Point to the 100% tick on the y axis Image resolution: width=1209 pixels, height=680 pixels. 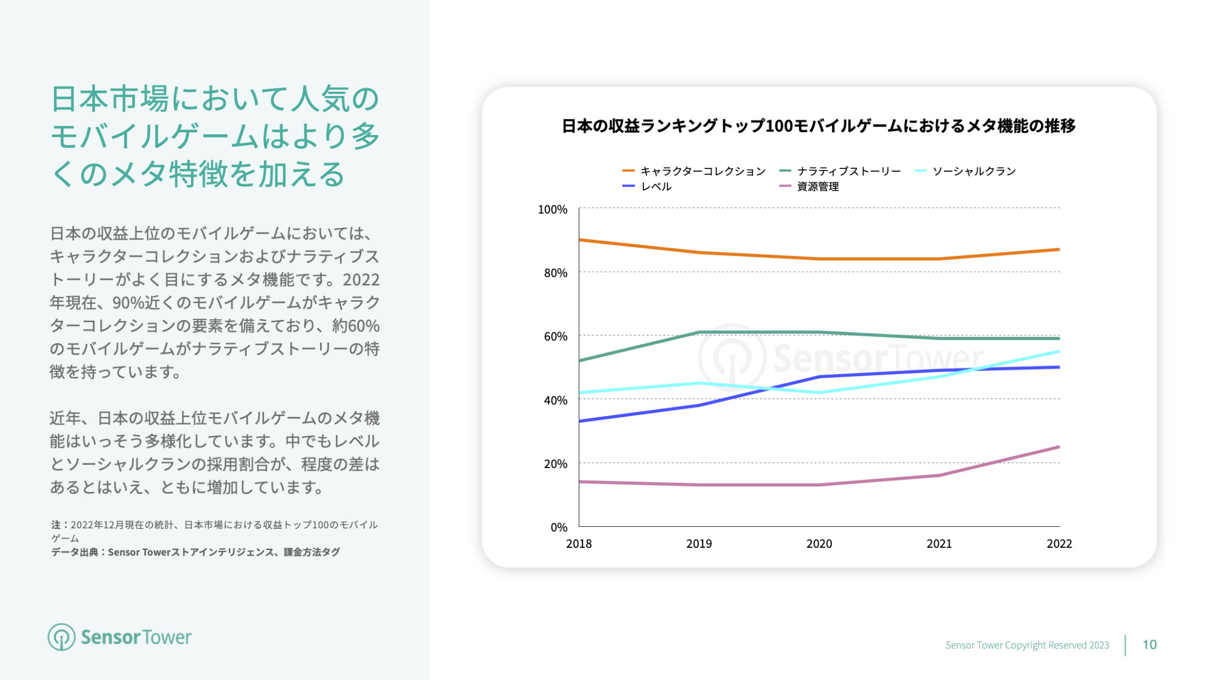pos(553,209)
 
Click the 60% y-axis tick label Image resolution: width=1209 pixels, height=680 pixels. pos(555,337)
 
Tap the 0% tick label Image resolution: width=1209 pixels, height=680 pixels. pos(559,527)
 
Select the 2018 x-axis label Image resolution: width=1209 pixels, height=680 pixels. pos(579,544)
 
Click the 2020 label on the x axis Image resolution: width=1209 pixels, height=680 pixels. pos(819,544)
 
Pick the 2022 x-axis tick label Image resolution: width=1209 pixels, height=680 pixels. pos(1059,544)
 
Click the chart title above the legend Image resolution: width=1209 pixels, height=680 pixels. pos(818,126)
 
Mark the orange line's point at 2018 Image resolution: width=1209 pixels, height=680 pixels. pos(580,240)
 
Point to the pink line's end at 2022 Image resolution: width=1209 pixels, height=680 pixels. pos(1059,447)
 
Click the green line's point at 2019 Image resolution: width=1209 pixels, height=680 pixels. pos(699,332)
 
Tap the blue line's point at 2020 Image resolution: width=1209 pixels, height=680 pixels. pos(819,377)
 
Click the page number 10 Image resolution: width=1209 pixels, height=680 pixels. pos(1149,645)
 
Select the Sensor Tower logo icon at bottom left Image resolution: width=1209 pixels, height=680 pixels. pos(61,637)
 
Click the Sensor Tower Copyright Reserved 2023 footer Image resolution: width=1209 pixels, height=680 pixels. pos(1027,645)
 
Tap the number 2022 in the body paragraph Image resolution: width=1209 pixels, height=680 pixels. pos(361,280)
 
